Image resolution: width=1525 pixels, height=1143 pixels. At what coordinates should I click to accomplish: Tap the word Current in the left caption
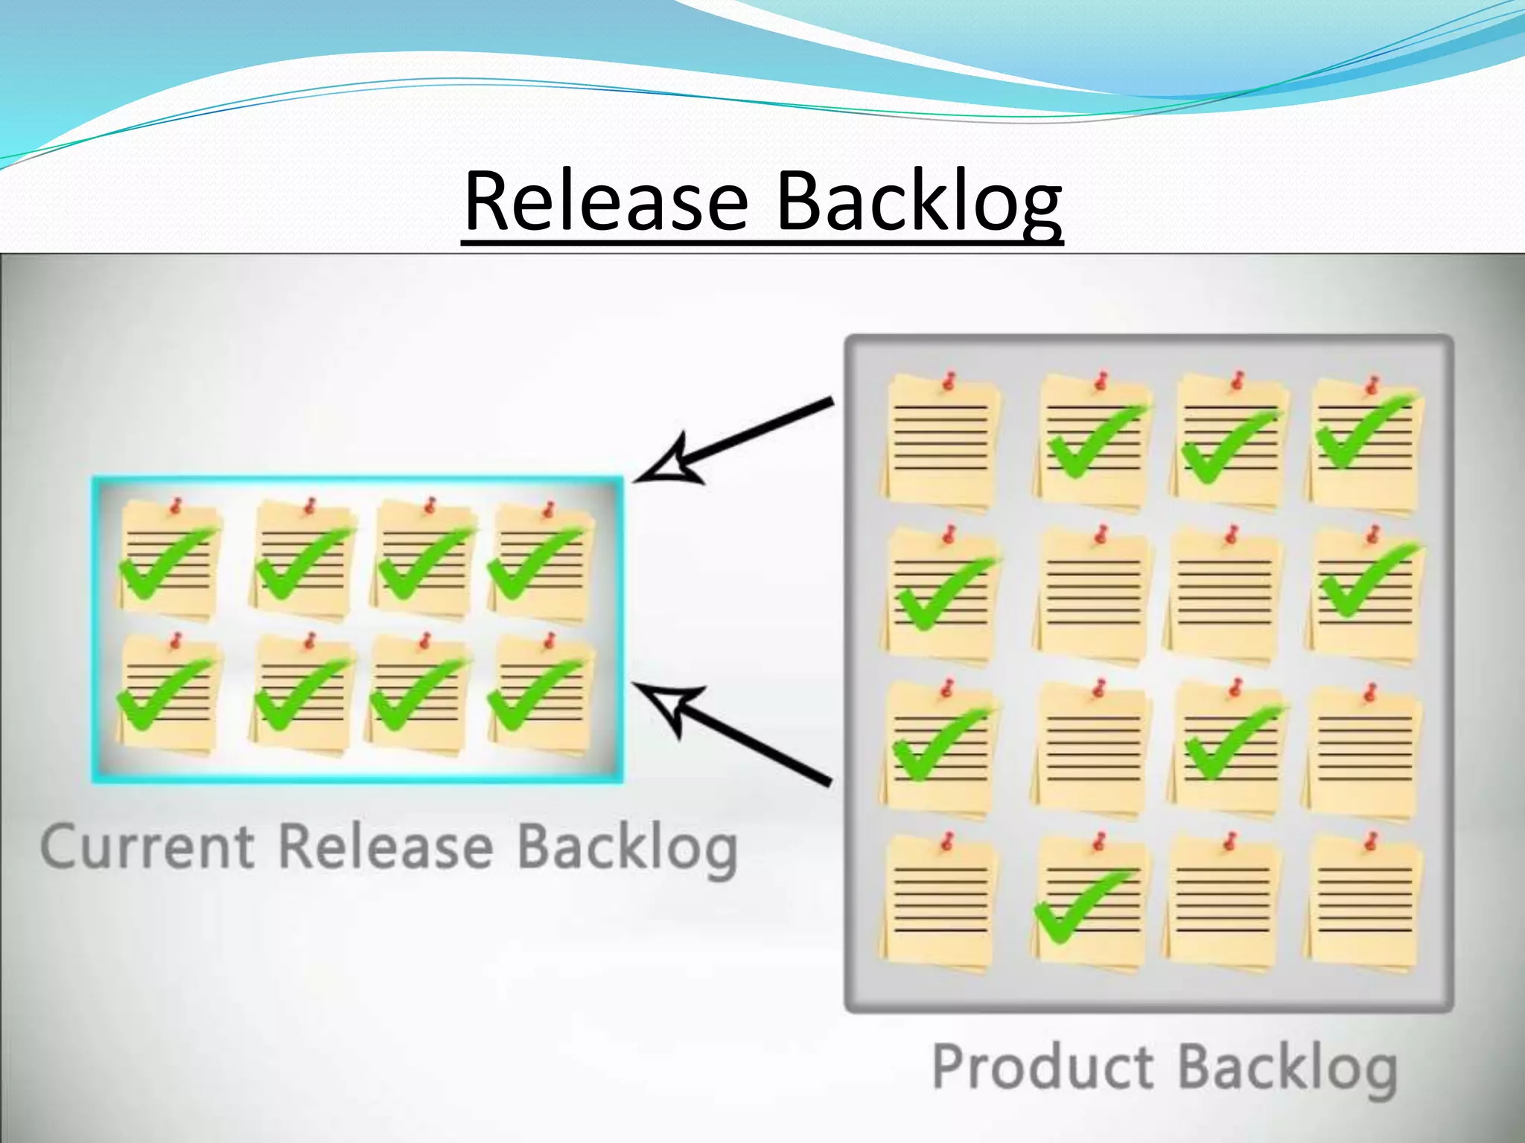(147, 848)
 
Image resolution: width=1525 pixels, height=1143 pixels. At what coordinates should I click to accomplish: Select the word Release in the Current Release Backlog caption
(386, 846)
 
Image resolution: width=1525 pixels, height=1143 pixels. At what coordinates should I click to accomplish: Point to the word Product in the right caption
(1042, 1067)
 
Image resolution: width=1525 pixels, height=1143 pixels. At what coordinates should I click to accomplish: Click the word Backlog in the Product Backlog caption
(1287, 1069)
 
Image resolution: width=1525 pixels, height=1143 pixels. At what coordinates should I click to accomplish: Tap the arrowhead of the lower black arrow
(666, 706)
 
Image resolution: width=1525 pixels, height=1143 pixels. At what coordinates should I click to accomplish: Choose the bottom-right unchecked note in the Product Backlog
(1364, 904)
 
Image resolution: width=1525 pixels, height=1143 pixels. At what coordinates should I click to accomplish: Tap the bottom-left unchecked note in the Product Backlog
(940, 904)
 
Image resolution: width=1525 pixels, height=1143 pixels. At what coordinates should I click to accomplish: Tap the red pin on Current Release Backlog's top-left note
(176, 507)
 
